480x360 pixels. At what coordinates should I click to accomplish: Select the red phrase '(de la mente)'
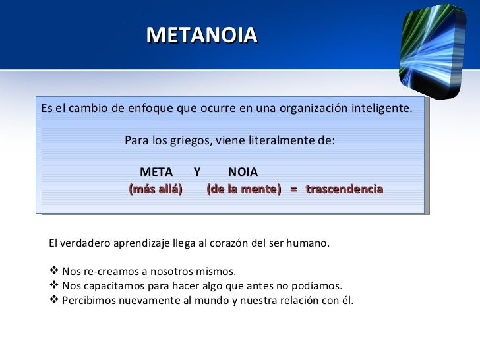243,189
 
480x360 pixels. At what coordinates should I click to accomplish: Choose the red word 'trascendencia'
344,189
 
